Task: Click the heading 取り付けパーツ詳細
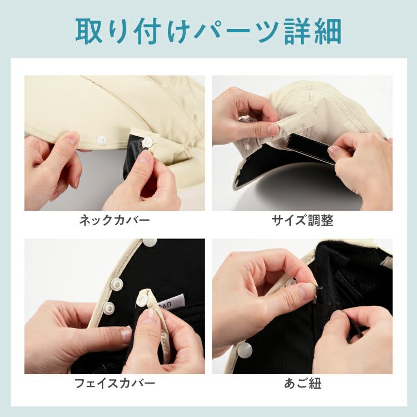pos(209,31)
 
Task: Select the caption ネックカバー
pos(115,221)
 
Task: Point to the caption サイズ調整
pos(302,221)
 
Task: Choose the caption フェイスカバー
pos(115,383)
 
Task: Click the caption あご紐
pos(302,384)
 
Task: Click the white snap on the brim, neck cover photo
pos(101,140)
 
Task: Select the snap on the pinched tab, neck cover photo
pos(147,142)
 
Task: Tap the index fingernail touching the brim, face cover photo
pos(126,335)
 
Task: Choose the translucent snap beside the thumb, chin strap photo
pos(292,282)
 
